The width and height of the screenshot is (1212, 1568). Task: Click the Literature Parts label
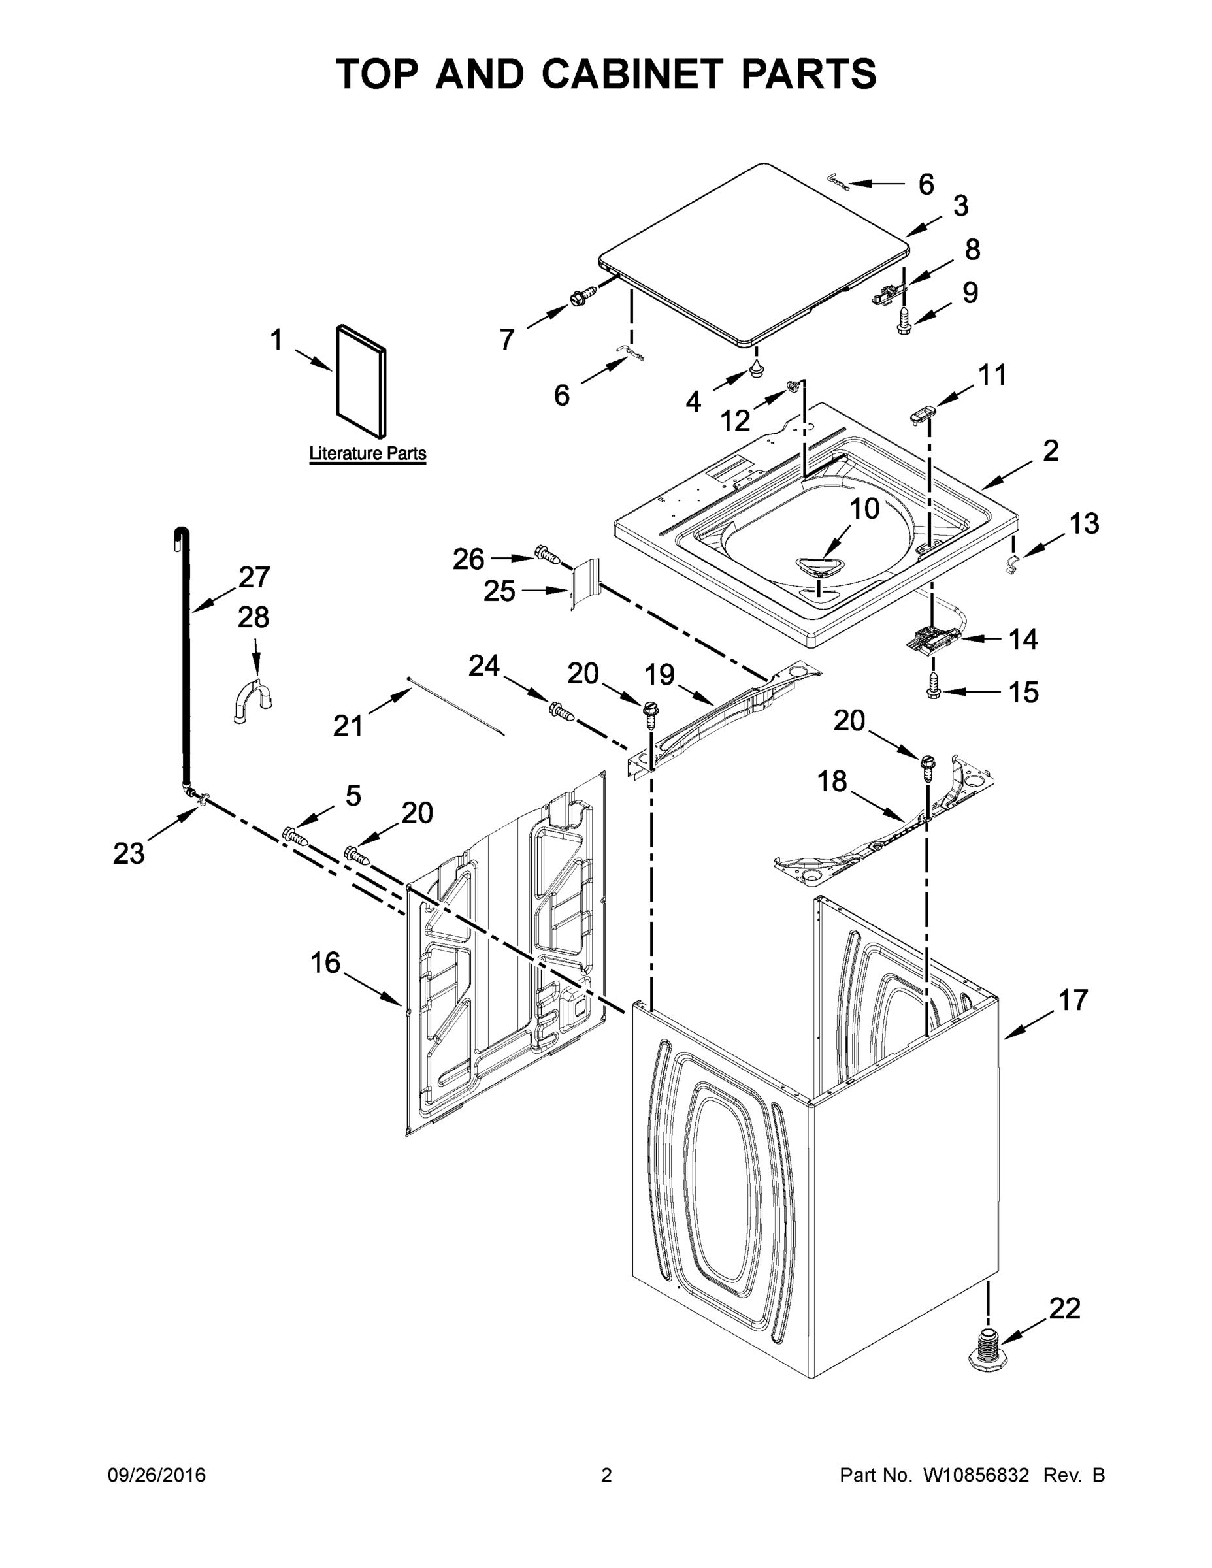tap(367, 454)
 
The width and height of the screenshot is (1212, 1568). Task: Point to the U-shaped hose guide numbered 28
tap(254, 696)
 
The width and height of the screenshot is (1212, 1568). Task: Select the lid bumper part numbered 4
tap(756, 369)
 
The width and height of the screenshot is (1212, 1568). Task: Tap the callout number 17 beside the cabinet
tap(1073, 1000)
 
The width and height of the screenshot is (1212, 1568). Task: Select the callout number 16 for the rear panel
tap(325, 963)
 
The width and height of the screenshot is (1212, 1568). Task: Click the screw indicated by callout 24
tap(561, 711)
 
